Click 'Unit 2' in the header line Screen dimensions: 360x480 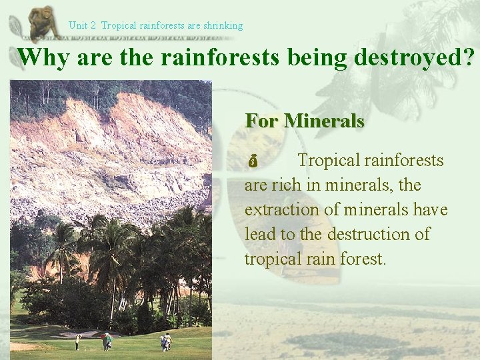[x=83, y=25]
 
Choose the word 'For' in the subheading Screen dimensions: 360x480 [x=261, y=121]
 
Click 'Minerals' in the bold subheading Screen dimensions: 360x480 [x=324, y=121]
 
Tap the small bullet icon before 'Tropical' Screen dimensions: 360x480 [x=252, y=162]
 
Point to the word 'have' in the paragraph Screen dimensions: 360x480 [x=431, y=209]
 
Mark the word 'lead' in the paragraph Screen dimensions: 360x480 [x=259, y=234]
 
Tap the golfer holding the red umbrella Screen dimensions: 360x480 [x=107, y=341]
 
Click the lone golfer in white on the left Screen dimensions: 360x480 [x=78, y=341]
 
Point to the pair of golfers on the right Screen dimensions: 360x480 [x=165, y=341]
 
